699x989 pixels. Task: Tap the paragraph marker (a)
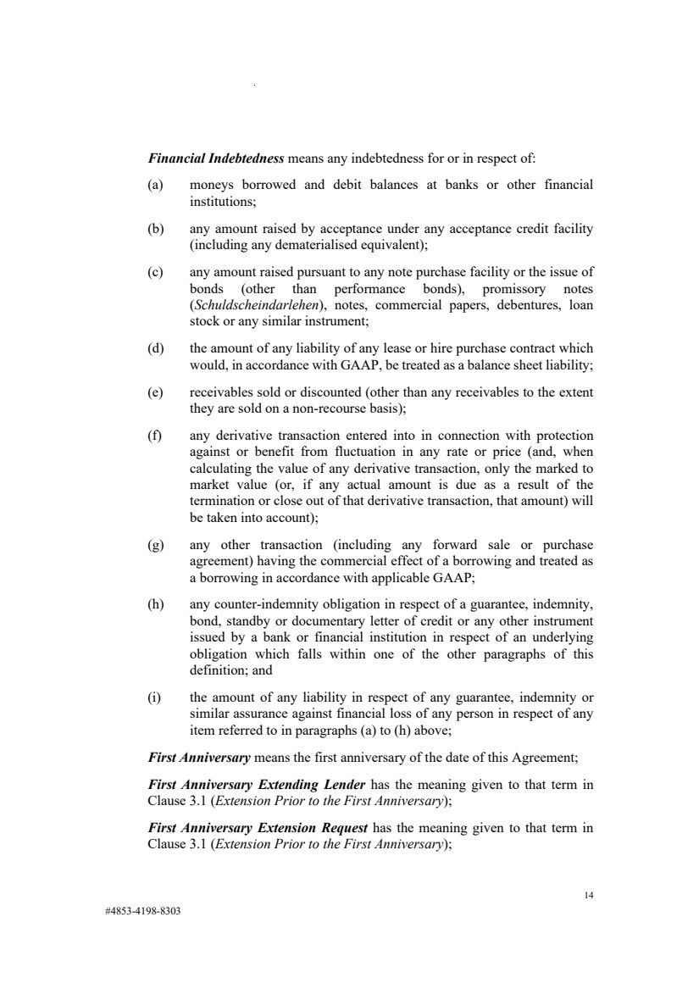click(156, 184)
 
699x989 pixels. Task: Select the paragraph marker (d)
click(156, 348)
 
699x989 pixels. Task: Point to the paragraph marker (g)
click(156, 544)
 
